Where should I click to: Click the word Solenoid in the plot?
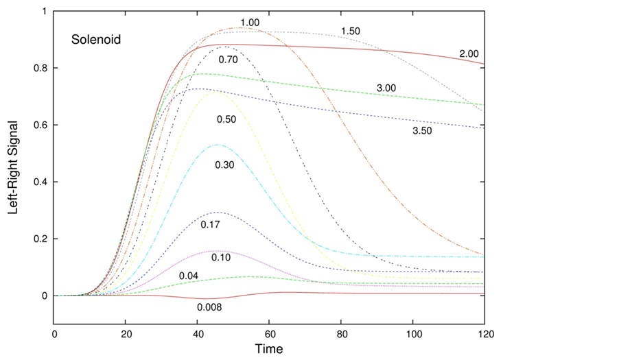tap(96, 40)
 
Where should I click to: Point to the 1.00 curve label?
tap(250, 23)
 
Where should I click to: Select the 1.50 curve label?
tap(351, 31)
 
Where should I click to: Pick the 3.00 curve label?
tap(386, 88)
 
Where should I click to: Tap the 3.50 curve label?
tap(422, 130)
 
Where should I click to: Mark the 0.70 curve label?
tap(228, 60)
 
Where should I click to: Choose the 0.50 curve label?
tap(226, 120)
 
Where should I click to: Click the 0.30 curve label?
tap(224, 165)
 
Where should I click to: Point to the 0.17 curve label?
tap(210, 224)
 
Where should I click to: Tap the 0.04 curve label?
tap(189, 276)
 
